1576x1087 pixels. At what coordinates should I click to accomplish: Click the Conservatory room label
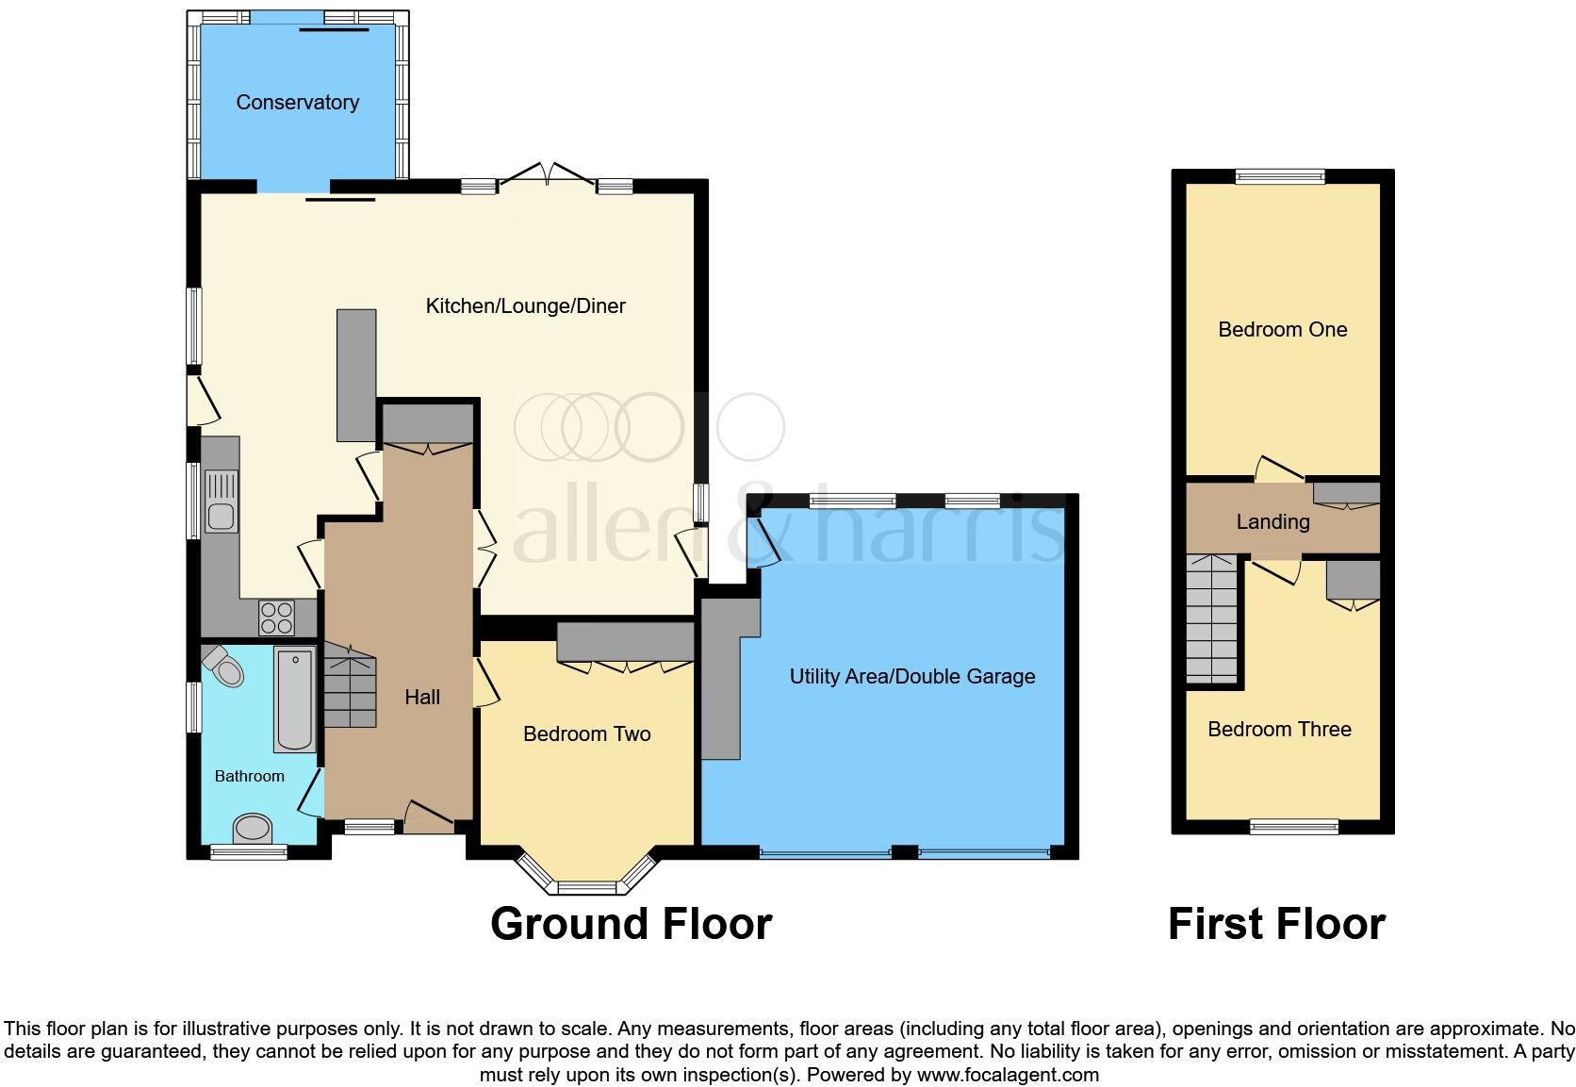tap(297, 102)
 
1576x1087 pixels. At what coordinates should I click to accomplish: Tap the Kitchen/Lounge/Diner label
tap(525, 305)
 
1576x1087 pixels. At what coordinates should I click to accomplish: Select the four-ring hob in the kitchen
tap(276, 618)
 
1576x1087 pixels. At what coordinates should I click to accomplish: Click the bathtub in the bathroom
tap(294, 699)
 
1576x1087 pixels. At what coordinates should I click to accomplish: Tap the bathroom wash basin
tap(252, 829)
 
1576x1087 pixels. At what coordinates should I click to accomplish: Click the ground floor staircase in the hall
tap(351, 689)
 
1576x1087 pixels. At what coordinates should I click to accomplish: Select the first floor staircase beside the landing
tap(1211, 618)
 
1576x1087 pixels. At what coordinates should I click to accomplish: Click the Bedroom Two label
tap(586, 733)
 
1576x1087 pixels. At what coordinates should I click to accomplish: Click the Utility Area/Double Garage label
tap(911, 676)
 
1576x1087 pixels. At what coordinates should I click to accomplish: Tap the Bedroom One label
tap(1282, 329)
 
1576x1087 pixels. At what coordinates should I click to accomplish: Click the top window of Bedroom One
tap(1280, 175)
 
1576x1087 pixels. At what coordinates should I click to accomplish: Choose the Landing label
tap(1272, 521)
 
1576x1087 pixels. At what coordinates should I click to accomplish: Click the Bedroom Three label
tap(1279, 729)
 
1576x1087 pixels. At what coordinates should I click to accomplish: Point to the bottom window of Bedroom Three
tap(1293, 827)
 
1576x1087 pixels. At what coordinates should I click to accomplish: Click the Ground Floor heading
tap(631, 924)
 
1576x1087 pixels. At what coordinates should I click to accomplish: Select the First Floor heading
tap(1276, 924)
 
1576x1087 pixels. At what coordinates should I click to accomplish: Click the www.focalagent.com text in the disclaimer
tap(1007, 1075)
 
